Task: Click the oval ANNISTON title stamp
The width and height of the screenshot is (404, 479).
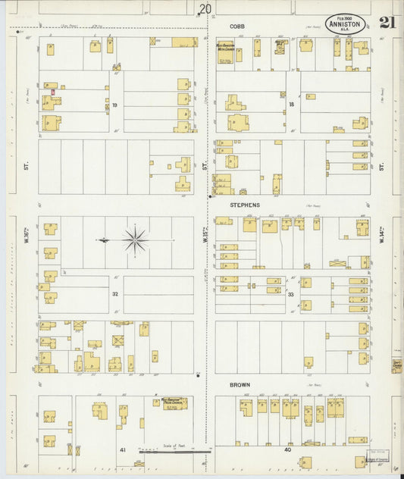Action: pyautogui.click(x=346, y=23)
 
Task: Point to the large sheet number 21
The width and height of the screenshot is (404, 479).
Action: pyautogui.click(x=387, y=22)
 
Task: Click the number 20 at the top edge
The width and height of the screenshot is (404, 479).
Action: pyautogui.click(x=205, y=9)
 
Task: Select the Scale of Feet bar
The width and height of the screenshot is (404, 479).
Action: pyautogui.click(x=175, y=451)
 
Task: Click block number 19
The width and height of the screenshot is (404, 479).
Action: pyautogui.click(x=115, y=105)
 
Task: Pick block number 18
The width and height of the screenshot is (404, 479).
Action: pyautogui.click(x=291, y=104)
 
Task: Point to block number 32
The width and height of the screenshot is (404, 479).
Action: pyautogui.click(x=115, y=293)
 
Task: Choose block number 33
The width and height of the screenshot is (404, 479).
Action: pyautogui.click(x=290, y=294)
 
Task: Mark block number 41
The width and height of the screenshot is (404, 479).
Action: pyautogui.click(x=121, y=450)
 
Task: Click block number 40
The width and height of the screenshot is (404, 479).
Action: pyautogui.click(x=287, y=450)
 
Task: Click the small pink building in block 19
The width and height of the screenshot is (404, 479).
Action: pyautogui.click(x=53, y=92)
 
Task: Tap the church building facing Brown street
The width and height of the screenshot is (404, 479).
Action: pyautogui.click(x=174, y=402)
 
